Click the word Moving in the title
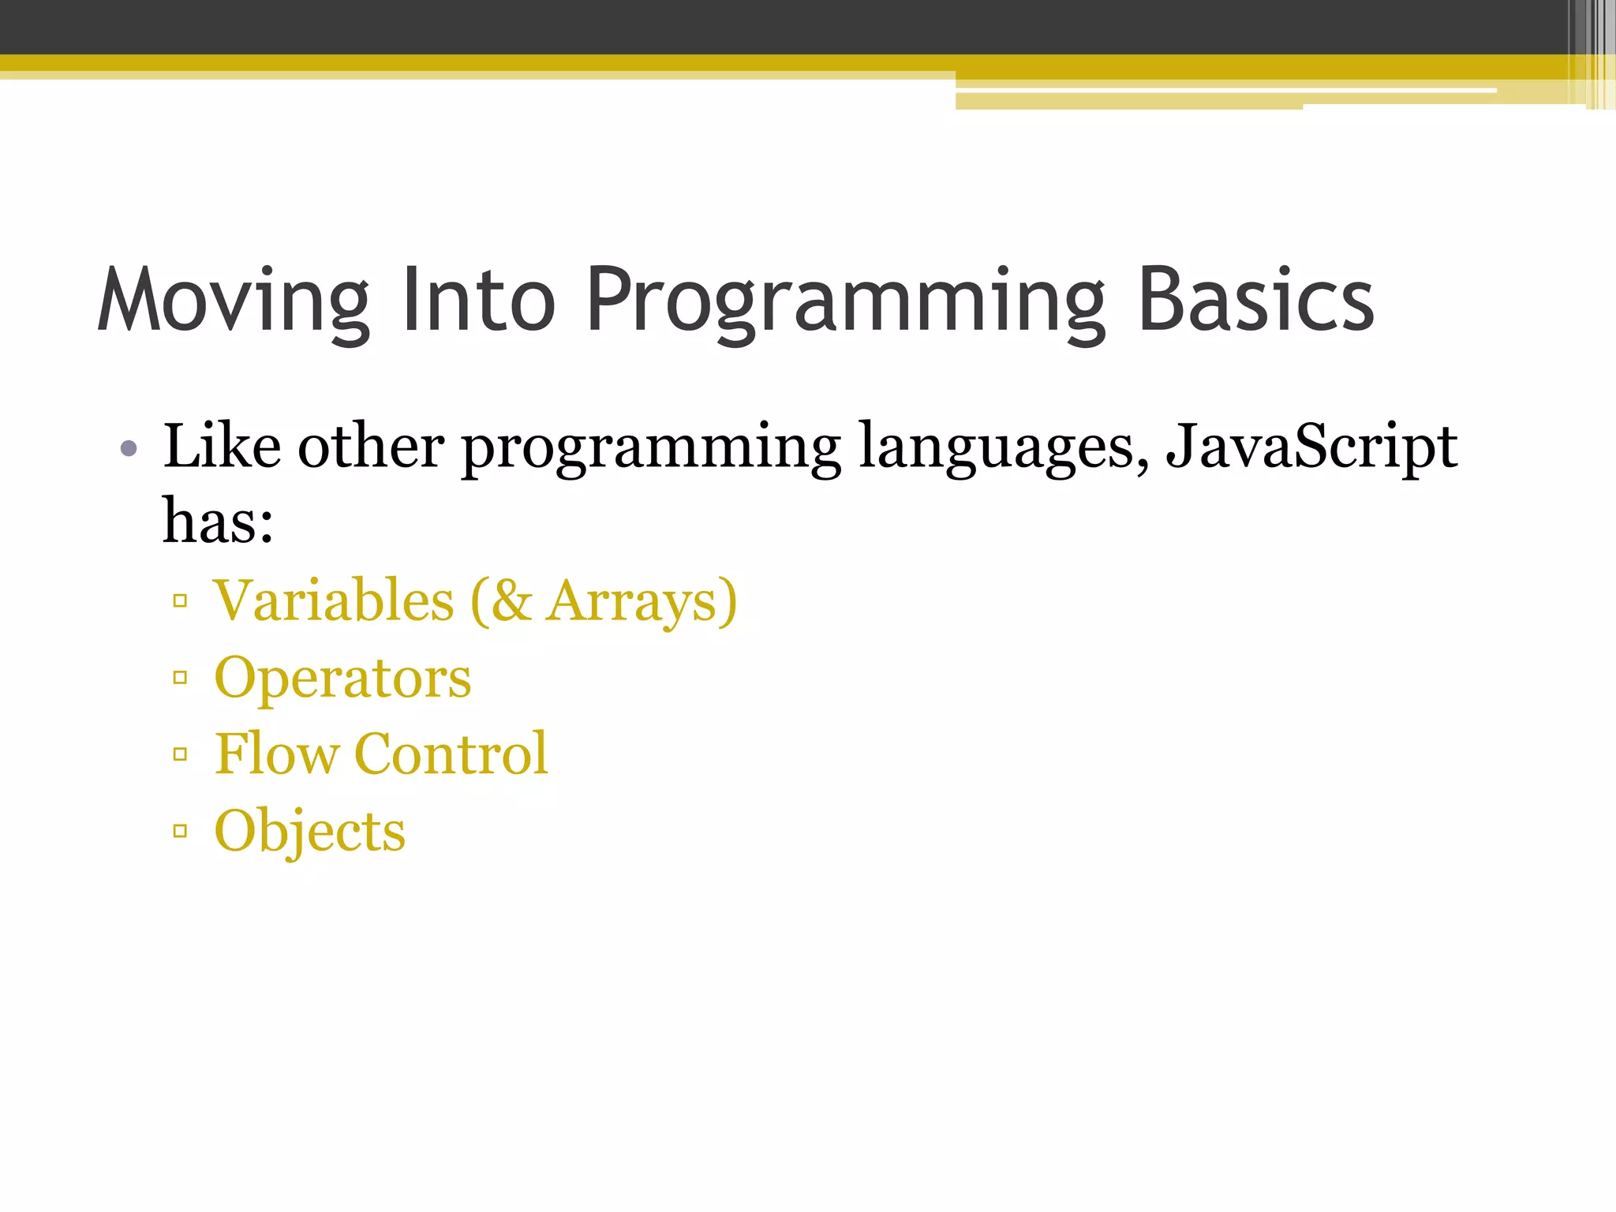[234, 301]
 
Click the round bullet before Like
[129, 450]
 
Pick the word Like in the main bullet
[222, 447]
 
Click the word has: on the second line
[218, 522]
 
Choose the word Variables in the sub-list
[334, 601]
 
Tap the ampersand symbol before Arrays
[511, 601]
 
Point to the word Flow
[276, 754]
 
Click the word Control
[451, 754]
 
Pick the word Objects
[309, 832]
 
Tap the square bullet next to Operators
[181, 677]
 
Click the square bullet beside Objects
[181, 830]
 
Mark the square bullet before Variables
[181, 601]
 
